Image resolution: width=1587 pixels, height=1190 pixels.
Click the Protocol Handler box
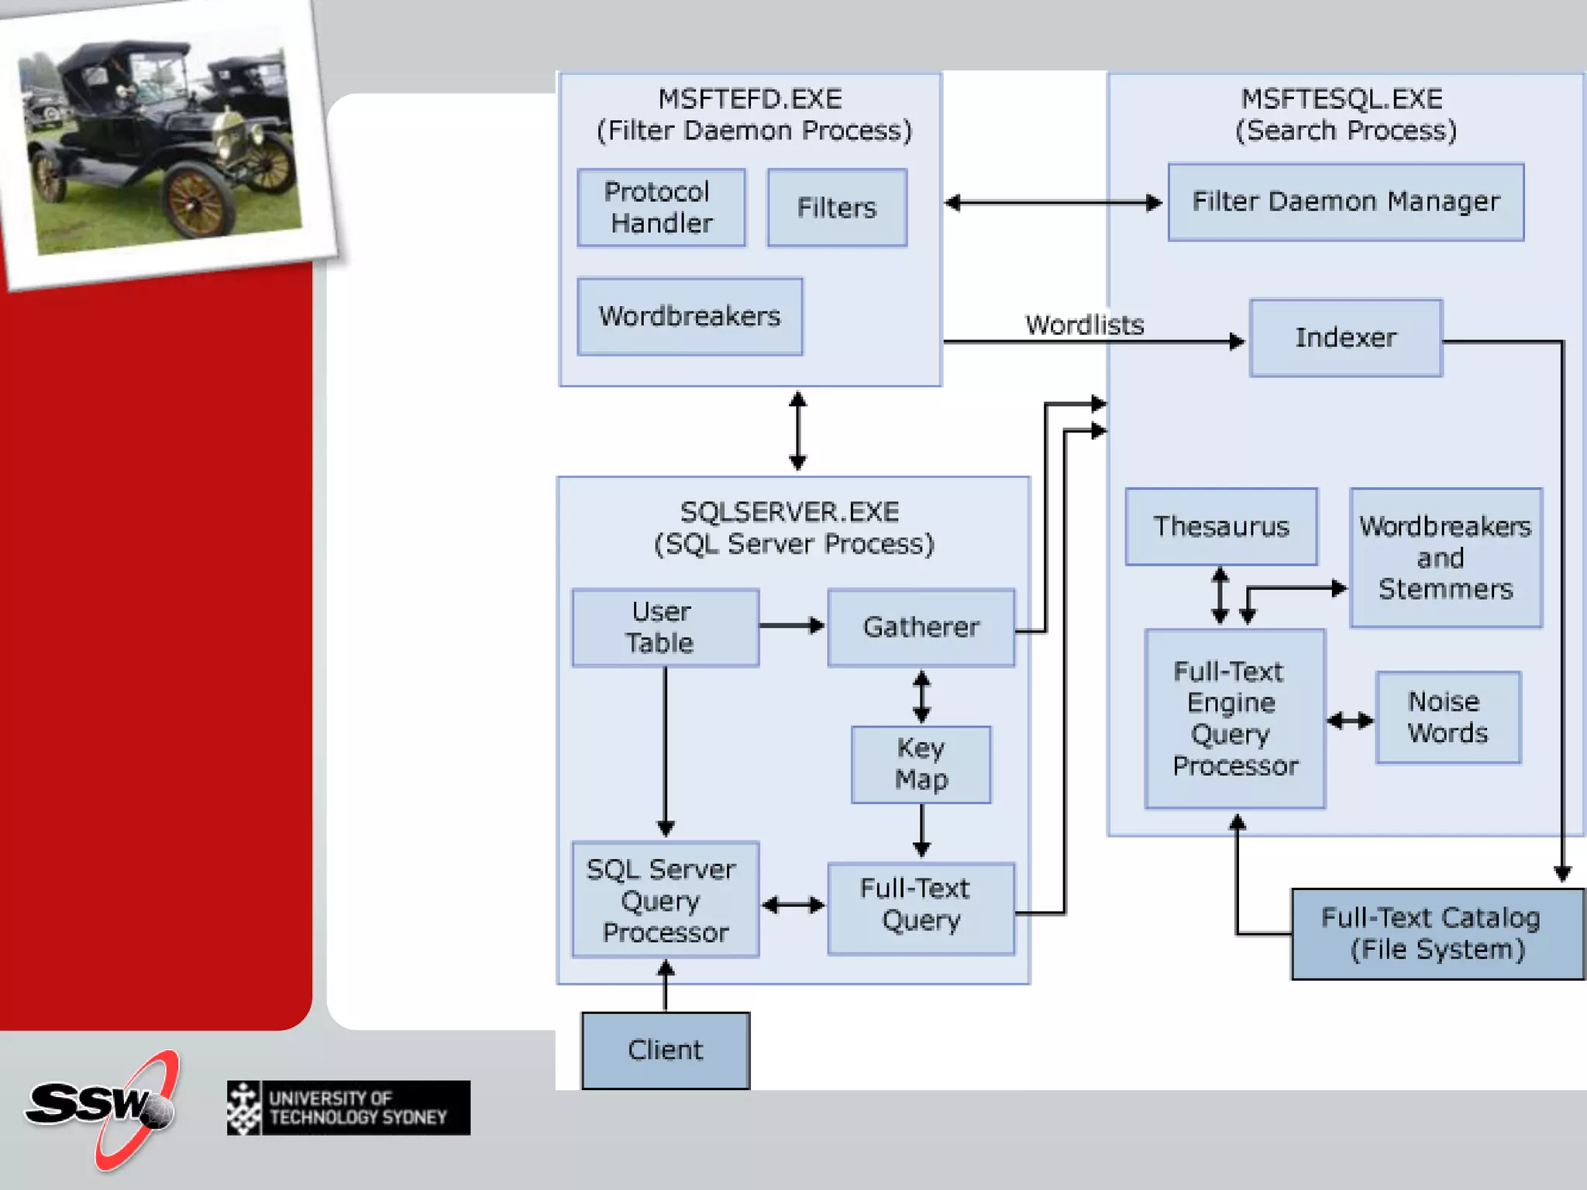tap(661, 208)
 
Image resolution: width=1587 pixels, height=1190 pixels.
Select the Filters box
tap(837, 208)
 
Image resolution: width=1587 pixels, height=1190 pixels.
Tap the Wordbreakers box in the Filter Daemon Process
tap(690, 316)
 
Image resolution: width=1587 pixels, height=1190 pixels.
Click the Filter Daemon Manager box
tap(1346, 201)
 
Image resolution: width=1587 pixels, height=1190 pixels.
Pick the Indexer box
tap(1346, 338)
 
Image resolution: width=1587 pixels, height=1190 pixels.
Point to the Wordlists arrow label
tap(1084, 325)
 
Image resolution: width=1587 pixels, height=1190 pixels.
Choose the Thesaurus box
tap(1221, 527)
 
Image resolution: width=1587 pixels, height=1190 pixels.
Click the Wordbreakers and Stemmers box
tap(1445, 558)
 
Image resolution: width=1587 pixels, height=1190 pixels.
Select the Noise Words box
tap(1448, 717)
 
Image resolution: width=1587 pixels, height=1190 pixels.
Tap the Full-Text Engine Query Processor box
tap(1235, 718)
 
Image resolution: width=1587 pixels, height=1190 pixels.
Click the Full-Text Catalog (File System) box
tap(1437, 934)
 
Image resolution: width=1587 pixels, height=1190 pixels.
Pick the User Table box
tap(665, 628)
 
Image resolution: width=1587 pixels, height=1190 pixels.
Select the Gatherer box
tap(921, 628)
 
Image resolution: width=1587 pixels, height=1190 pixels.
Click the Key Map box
tap(921, 764)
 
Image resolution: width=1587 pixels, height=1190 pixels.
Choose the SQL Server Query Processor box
tap(665, 900)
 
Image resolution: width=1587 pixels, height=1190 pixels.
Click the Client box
tap(666, 1051)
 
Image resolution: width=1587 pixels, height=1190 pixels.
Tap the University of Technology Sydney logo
tap(349, 1108)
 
